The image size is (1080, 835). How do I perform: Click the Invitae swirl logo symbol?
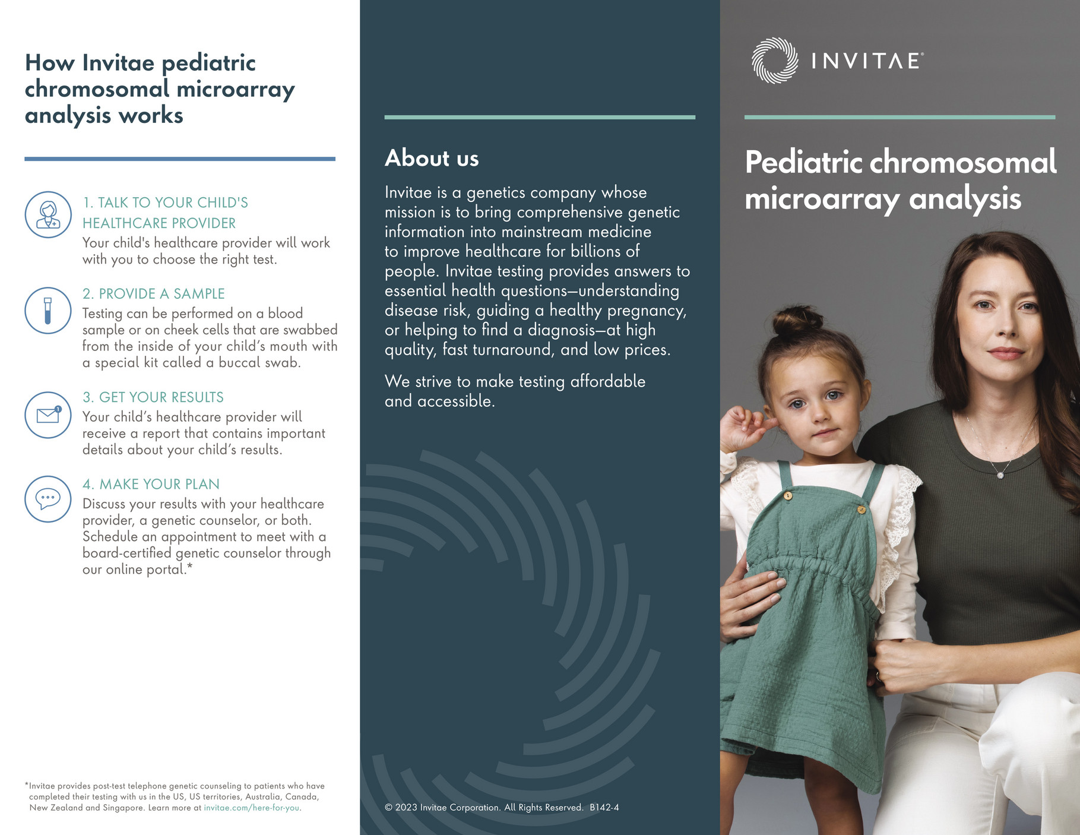[x=774, y=61]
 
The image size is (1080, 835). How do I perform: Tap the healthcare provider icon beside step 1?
[x=48, y=214]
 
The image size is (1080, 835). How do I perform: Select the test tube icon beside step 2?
[x=48, y=310]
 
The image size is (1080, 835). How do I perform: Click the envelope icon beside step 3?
[x=48, y=415]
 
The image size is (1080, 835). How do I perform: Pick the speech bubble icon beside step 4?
[x=48, y=499]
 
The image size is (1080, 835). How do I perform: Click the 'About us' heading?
[x=432, y=159]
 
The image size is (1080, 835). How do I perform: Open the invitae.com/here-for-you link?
[x=252, y=808]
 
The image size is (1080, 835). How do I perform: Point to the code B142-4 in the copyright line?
[x=604, y=808]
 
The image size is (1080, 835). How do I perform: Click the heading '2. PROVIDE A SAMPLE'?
[x=153, y=294]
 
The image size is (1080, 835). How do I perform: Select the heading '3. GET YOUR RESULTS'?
[x=153, y=397]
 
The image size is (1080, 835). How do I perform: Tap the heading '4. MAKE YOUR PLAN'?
[x=151, y=484]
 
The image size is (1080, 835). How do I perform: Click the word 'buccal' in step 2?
[x=239, y=363]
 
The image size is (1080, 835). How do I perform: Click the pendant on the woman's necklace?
[x=1000, y=475]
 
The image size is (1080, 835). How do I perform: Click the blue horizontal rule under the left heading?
[x=180, y=159]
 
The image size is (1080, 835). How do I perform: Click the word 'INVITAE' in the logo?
[x=866, y=61]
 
